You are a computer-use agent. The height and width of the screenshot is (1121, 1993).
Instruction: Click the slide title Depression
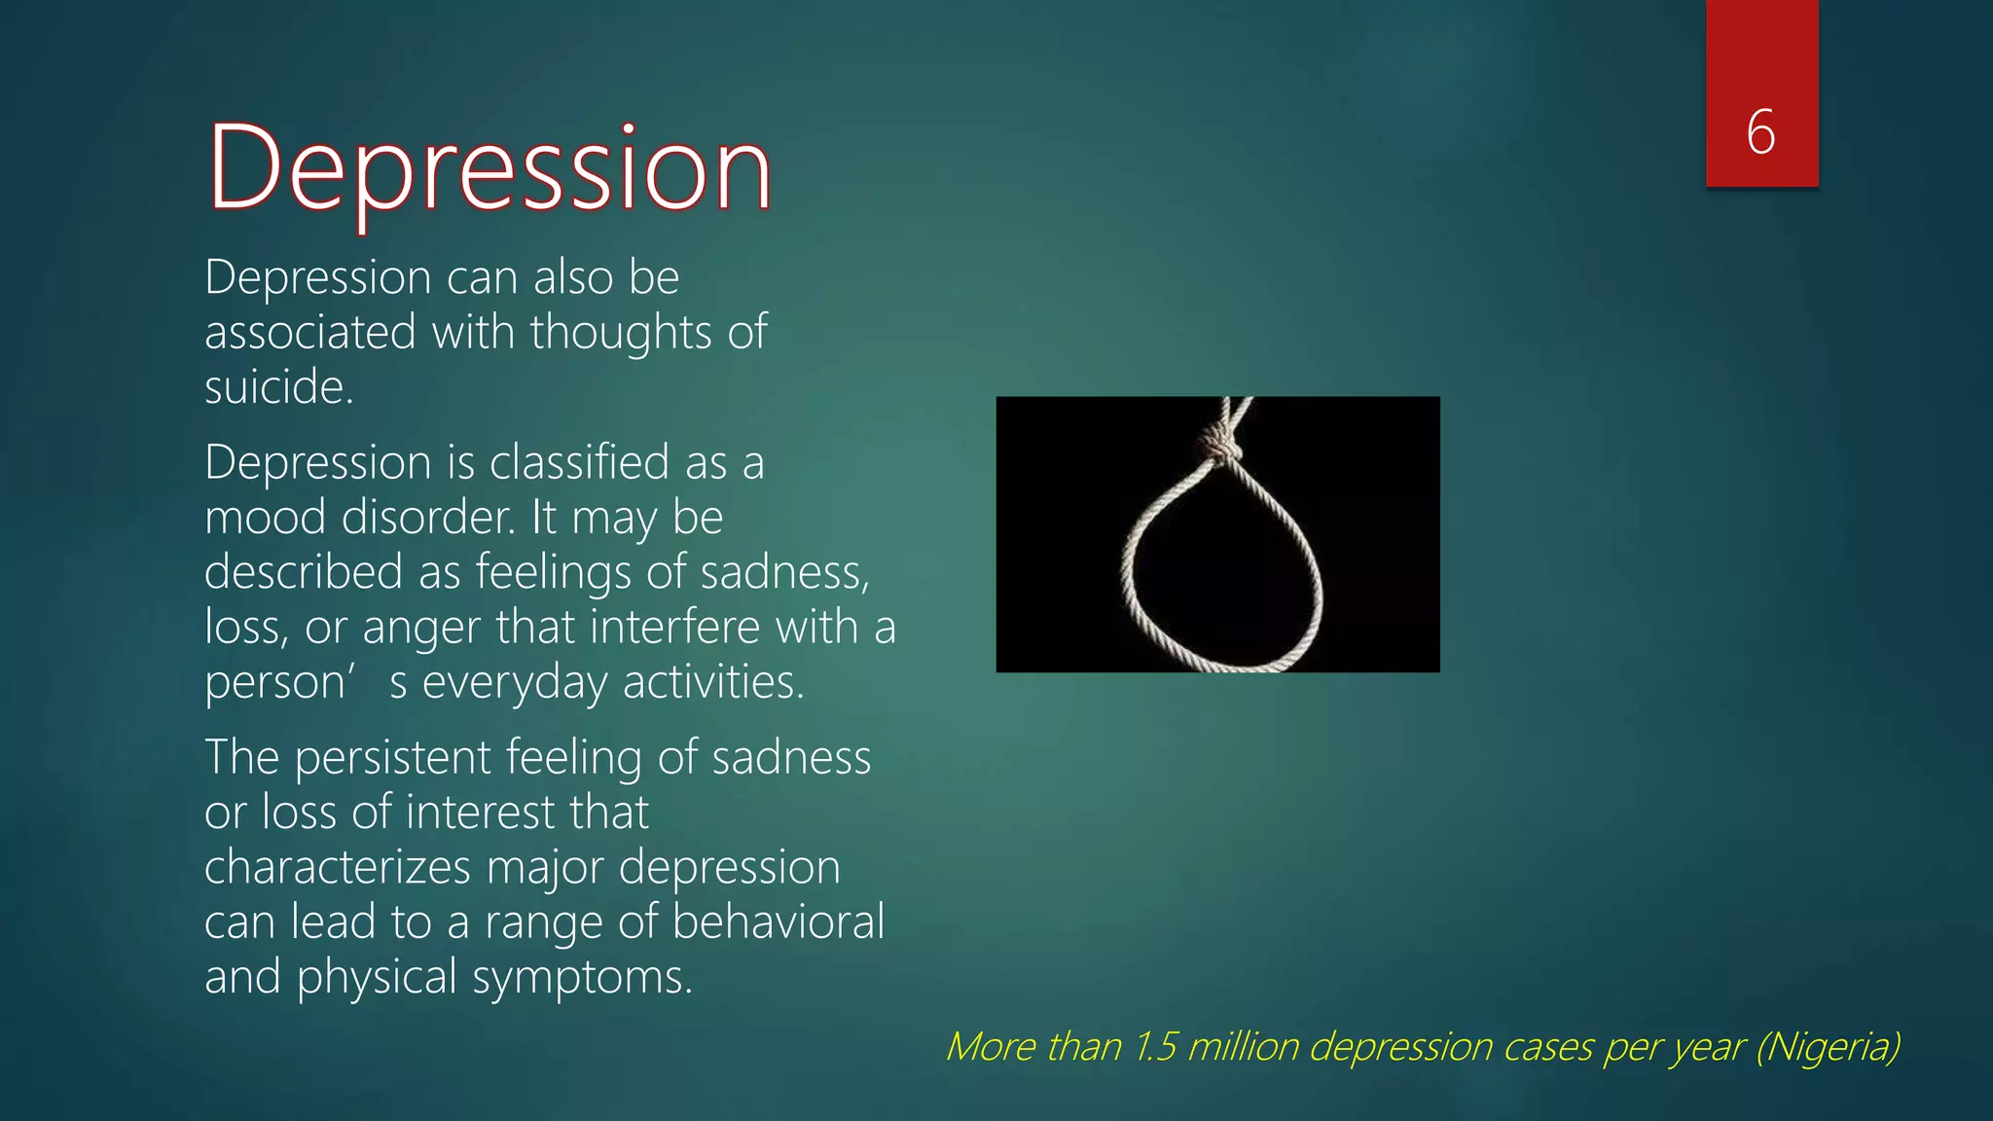489,167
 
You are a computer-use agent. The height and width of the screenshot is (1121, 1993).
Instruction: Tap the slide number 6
1760,132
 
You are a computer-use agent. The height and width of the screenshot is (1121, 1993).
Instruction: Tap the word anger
420,628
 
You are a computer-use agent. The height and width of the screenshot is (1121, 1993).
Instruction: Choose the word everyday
514,683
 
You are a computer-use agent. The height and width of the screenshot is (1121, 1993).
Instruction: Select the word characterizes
337,867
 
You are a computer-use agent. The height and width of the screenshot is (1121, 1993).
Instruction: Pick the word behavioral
778,922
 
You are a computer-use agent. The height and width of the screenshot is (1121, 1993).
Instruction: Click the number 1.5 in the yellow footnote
1155,1047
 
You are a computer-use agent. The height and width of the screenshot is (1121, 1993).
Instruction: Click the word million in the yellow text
1243,1047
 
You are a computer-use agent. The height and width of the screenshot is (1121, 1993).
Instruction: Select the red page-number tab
1761,93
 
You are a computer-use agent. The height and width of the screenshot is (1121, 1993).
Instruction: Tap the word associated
310,333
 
